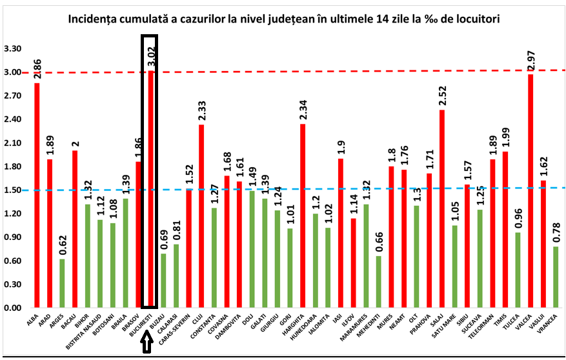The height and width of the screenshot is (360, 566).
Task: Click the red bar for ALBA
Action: pos(37,195)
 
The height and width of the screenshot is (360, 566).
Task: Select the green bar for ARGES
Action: pos(62,283)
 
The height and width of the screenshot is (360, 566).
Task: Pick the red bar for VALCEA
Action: pos(531,191)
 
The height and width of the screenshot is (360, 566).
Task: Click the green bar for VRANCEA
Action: pos(556,277)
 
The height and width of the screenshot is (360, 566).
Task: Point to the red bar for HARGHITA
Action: pos(302,215)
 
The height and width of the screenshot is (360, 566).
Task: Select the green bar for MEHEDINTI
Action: pos(378,282)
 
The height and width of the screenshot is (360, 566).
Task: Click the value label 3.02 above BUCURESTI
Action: pos(150,57)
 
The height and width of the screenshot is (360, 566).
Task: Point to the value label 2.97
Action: pos(531,61)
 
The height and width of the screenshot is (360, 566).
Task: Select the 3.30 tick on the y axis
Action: pos(13,49)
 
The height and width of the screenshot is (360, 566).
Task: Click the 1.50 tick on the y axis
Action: pos(13,190)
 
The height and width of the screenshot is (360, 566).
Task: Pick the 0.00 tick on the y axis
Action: pos(13,308)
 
